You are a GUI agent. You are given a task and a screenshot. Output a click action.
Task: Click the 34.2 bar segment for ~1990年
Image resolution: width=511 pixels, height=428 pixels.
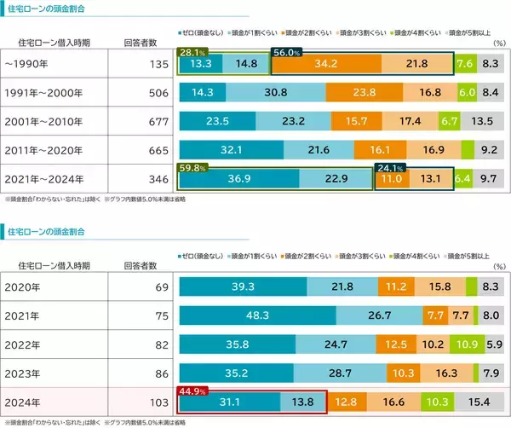coord(325,64)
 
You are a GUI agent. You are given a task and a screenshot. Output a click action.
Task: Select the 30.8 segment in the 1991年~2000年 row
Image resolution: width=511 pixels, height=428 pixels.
coord(276,93)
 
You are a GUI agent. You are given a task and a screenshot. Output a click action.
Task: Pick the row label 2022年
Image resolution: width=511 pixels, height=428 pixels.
coord(22,344)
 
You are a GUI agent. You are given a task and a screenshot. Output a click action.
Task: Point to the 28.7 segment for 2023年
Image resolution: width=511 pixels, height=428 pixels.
coord(341,373)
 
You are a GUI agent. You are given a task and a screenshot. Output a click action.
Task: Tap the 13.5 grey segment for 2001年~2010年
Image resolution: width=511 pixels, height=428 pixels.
coord(482,121)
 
